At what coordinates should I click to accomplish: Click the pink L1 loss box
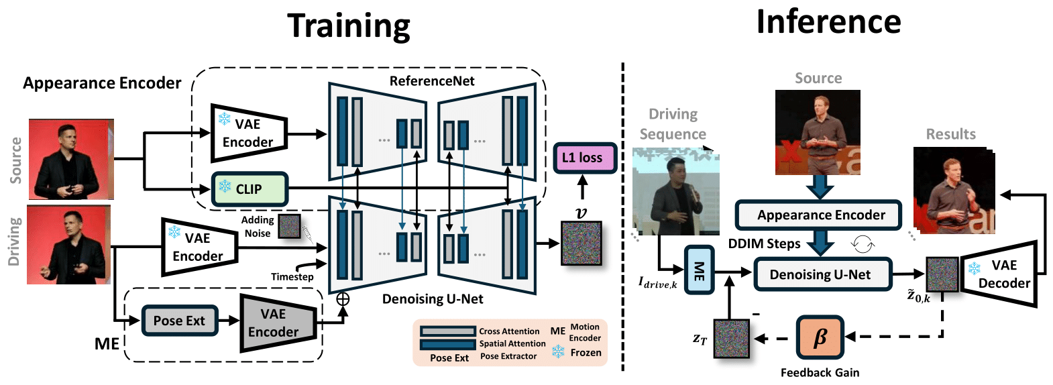click(584, 158)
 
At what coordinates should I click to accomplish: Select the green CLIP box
click(250, 189)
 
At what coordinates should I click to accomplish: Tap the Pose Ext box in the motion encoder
click(179, 321)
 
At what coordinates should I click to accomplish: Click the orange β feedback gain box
click(820, 337)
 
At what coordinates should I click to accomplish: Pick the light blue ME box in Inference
click(699, 270)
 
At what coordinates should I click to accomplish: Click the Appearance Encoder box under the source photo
click(818, 215)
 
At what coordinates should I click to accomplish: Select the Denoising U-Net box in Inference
click(822, 274)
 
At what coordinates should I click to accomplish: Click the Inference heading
click(828, 21)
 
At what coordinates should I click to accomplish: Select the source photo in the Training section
click(71, 159)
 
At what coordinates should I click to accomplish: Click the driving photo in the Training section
click(68, 245)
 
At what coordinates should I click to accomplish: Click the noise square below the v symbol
click(581, 243)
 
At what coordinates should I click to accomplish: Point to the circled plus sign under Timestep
click(343, 299)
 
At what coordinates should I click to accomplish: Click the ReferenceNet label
click(432, 81)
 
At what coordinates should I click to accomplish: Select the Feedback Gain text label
click(820, 372)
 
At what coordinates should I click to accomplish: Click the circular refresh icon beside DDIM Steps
click(863, 243)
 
